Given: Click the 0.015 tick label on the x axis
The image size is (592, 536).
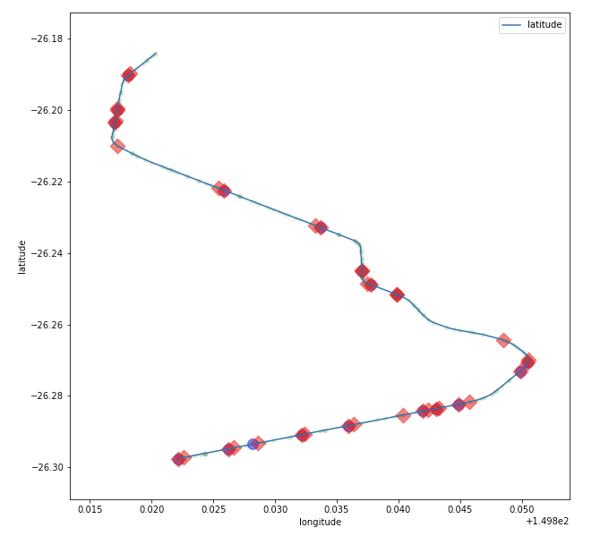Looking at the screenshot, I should pos(90,510).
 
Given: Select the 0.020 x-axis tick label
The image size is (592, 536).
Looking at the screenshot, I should pos(152,510).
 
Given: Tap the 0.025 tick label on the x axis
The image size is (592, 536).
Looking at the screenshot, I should pos(214,510).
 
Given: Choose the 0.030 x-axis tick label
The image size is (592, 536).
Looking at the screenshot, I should pos(276,510).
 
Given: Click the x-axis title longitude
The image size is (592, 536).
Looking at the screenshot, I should pos(320,523).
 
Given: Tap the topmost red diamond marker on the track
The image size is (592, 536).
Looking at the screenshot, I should pos(129,75).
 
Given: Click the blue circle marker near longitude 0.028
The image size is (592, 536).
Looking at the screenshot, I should pos(253,445).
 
